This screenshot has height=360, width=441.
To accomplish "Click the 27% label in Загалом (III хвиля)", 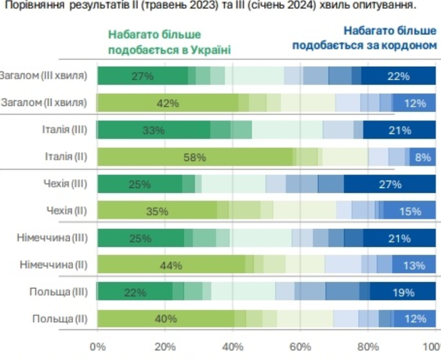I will [142, 77].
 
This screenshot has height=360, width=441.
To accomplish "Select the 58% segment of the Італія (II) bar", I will [195, 157].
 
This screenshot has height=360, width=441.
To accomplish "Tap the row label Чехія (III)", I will [67, 184].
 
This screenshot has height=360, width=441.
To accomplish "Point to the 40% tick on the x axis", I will [233, 347].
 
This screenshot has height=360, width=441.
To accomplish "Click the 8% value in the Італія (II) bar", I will [423, 157].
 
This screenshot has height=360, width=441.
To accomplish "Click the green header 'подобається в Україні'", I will [169, 49].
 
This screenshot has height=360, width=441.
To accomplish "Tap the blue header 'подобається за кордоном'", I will [366, 45].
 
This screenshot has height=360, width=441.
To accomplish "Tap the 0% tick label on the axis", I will [97, 347].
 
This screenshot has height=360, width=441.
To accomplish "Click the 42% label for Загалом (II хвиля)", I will [167, 103].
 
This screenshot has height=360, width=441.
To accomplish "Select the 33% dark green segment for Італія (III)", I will [153, 130].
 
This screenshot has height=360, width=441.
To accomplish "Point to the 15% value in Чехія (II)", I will [410, 211].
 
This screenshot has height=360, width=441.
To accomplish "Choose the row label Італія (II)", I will [67, 157].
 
